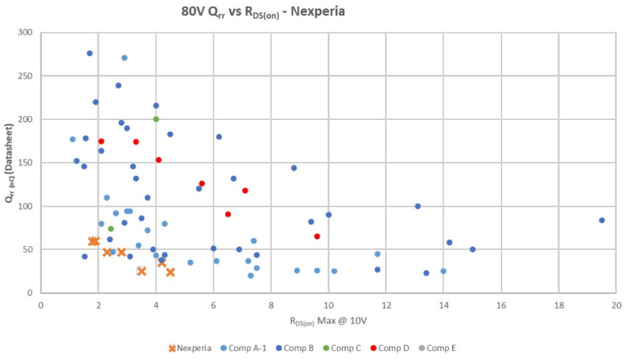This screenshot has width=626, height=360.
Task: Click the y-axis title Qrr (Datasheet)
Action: [x=10, y=163]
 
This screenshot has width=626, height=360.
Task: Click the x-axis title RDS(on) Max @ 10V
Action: [x=328, y=320]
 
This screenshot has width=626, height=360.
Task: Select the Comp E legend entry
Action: [x=440, y=348]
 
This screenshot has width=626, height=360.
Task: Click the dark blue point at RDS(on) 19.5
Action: [x=602, y=220]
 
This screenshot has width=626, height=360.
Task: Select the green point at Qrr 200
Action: [x=156, y=119]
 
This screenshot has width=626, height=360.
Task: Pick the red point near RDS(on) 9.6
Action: [x=317, y=236]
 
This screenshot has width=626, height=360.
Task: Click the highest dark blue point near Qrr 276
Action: [x=90, y=53]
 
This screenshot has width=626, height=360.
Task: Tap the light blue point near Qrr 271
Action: [x=124, y=58]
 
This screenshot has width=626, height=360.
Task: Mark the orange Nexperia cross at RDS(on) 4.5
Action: [x=170, y=272]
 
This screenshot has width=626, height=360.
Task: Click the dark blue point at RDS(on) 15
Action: [x=473, y=249]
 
